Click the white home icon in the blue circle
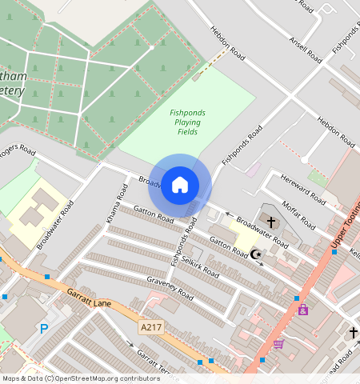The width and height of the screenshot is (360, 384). pyautogui.click(x=180, y=186)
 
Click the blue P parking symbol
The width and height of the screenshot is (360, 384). pyautogui.click(x=44, y=328)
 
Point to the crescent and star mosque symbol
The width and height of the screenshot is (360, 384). pyautogui.click(x=256, y=254)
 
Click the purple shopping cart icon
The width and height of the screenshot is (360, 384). pyautogui.click(x=278, y=344)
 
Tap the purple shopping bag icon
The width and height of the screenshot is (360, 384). pyautogui.click(x=303, y=309)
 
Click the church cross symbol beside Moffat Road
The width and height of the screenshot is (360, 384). pyautogui.click(x=271, y=221)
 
